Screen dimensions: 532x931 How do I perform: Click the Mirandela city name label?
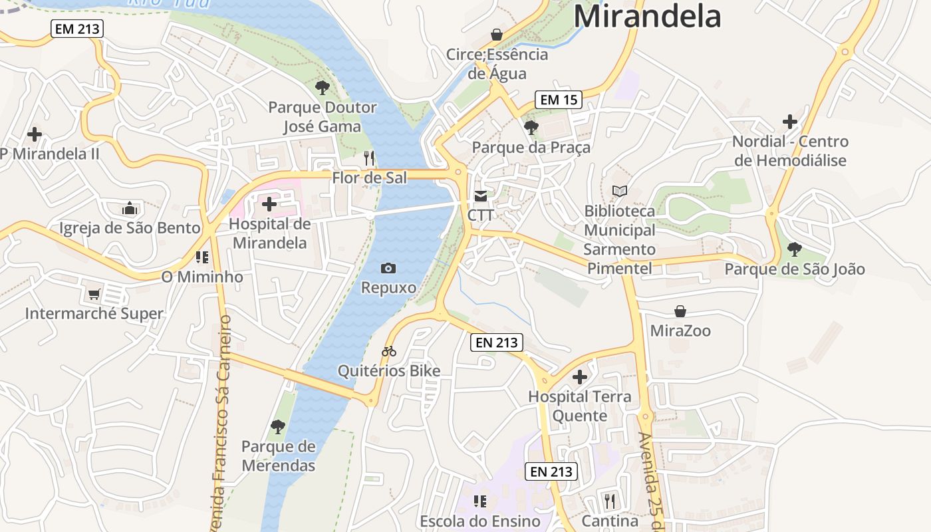point(647,16)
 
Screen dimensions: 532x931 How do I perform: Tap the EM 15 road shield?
point(559,100)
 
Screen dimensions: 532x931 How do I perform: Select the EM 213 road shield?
point(77,29)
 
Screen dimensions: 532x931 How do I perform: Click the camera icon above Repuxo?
point(388,268)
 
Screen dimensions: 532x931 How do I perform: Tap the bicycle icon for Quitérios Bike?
point(389,351)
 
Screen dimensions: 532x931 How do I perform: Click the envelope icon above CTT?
point(480,196)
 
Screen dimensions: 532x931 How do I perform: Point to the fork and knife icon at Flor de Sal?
point(370,158)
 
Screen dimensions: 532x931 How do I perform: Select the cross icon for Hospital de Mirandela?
point(269,204)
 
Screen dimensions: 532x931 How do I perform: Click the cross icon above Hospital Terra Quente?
point(580,377)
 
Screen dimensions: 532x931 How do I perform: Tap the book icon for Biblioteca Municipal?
point(620,192)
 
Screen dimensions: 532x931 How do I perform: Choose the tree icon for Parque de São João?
point(794,249)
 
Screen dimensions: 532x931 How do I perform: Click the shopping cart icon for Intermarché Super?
point(94,294)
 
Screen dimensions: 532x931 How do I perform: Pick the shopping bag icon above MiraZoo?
point(680,311)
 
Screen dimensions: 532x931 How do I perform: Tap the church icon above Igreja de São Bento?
point(130,208)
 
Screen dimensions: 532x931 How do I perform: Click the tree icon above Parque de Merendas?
point(278,426)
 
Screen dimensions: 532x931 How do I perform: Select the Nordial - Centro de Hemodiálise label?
point(790,151)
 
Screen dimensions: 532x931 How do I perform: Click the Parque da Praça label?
point(531,147)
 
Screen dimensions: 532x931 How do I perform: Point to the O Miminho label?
point(202,277)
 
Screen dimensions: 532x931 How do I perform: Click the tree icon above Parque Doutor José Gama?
point(323,87)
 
